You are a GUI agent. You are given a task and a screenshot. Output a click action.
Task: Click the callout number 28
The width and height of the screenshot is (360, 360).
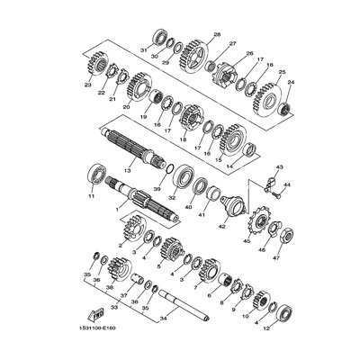(x=216, y=34)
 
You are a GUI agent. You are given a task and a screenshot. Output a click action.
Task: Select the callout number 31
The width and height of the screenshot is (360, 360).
(x=143, y=49)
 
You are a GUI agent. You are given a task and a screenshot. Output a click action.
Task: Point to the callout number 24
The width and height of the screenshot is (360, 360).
(x=291, y=80)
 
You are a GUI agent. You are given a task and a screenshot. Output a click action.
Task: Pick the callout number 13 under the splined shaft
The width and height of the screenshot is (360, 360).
(x=128, y=168)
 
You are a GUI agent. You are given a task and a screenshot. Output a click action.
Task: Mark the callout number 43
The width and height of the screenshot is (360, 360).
(x=280, y=167)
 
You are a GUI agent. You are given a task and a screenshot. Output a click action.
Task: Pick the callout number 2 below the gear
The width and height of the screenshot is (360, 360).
(x=121, y=245)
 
